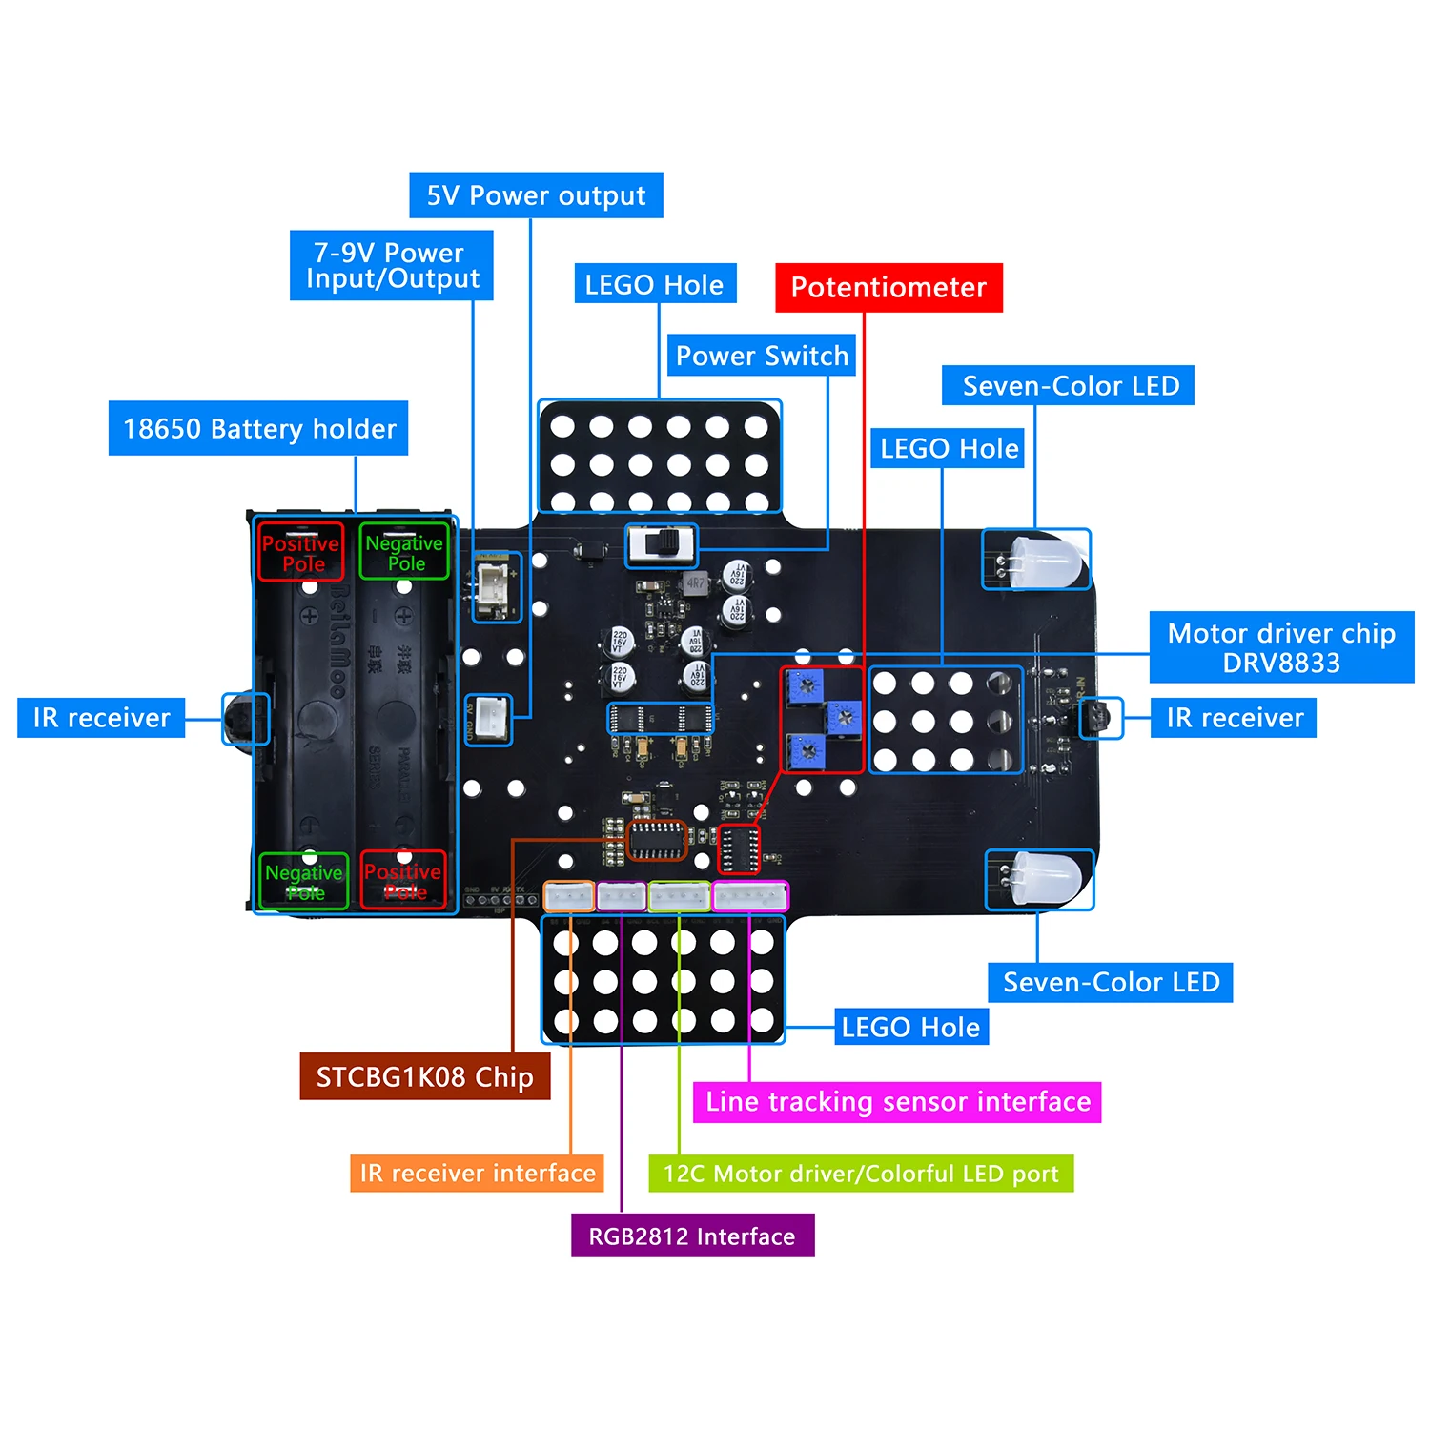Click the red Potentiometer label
[889, 287]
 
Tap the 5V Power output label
[536, 195]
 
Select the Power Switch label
[762, 356]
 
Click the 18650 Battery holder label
[258, 428]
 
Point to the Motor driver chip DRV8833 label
[1281, 647]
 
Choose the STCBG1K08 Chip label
[424, 1076]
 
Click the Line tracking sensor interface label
[897, 1102]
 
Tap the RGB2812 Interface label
[692, 1236]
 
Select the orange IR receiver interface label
[477, 1173]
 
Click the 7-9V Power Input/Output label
[392, 265]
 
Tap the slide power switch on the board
[662, 545]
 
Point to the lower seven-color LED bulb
[1046, 879]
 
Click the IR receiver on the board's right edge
[1100, 718]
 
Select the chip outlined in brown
[657, 840]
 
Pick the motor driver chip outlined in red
[739, 849]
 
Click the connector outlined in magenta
[750, 896]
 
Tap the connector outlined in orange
[569, 896]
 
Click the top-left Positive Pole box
[300, 552]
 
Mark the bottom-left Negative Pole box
[304, 882]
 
